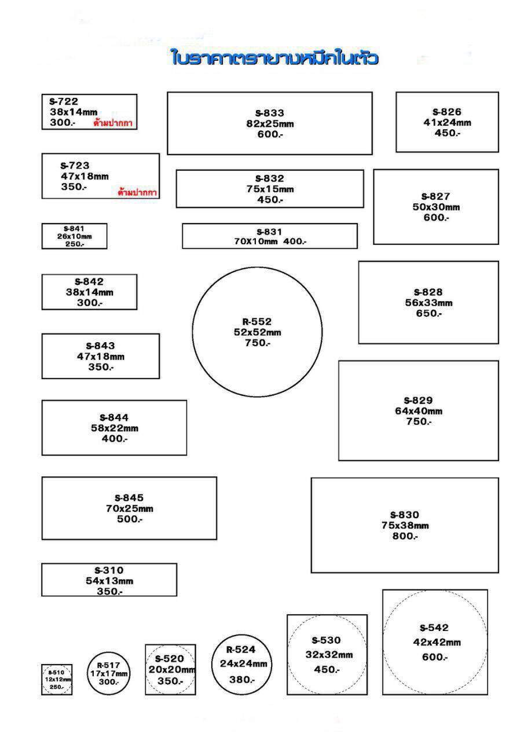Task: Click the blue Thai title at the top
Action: pos(275,57)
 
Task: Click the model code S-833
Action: pos(270,113)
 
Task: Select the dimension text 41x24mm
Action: pos(447,122)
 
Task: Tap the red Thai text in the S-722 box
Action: pos(113,123)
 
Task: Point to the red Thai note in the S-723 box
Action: pos(137,192)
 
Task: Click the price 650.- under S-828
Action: pos(428,313)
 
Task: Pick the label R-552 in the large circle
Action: pos(257,321)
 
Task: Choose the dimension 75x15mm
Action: pos(270,189)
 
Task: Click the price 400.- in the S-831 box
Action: pos(295,241)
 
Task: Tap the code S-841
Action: pos(74,229)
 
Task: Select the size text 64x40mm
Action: pos(419,411)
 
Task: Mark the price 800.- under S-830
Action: pos(405,536)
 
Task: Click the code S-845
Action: pos(129,498)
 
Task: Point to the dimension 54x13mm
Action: pos(109,581)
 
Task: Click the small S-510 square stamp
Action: pos(57,680)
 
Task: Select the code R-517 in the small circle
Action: pos(108,665)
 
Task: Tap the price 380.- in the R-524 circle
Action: pos(242,680)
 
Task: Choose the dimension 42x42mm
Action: pos(437,643)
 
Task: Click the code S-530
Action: pos(326,640)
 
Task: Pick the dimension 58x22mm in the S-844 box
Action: pos(115,428)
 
